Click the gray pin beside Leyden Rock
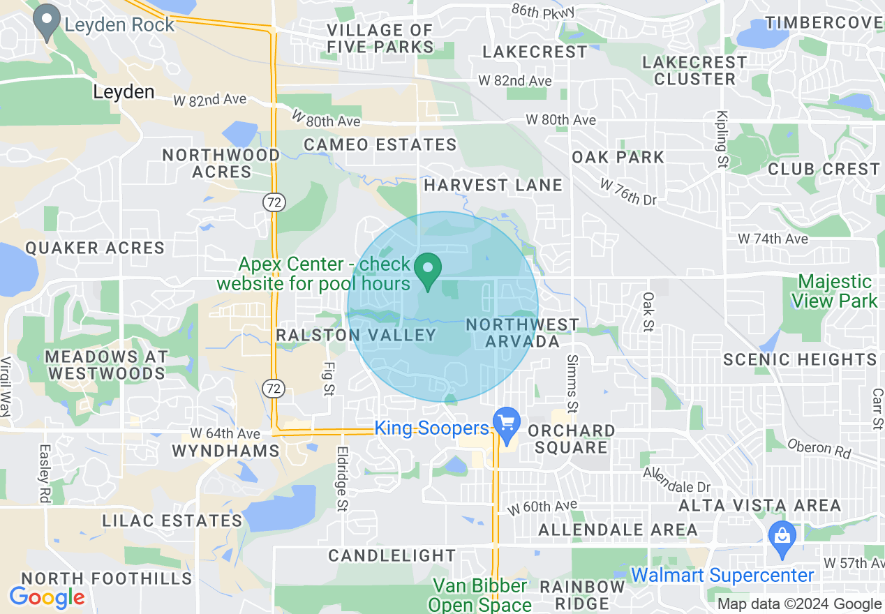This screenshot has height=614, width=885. pos(47,23)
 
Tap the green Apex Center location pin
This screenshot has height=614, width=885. pos(428,271)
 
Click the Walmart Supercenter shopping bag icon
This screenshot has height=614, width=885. pos(782,539)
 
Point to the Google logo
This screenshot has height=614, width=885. pos(47,597)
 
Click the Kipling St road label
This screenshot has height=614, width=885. pos(722,140)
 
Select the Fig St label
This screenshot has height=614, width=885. pos(328,378)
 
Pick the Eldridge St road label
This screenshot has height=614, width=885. pos(342,478)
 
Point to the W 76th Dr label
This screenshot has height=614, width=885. pos(629,192)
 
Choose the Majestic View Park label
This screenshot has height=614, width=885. pos(835,292)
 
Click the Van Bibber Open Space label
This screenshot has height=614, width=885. pos(480,595)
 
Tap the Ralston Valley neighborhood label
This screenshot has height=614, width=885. pos(356,335)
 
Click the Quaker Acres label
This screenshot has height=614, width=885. pos(95,248)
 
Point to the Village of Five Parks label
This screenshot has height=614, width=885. pos(380,38)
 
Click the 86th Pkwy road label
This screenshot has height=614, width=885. pos(542,10)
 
